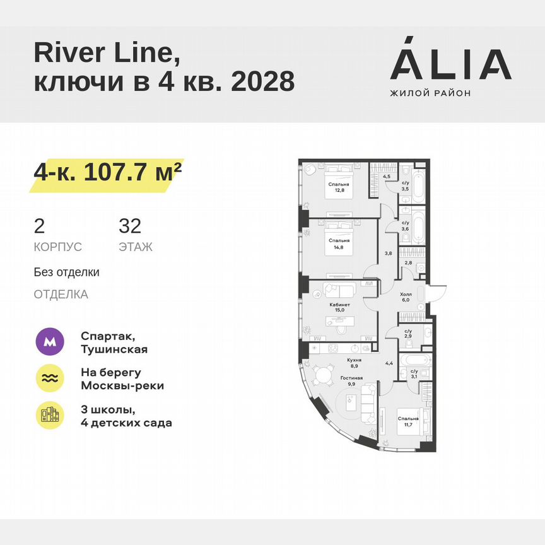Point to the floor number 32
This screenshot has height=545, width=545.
pos(130,225)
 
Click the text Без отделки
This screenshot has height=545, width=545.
pos(67,272)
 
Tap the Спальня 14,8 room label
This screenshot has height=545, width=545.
pos(339,244)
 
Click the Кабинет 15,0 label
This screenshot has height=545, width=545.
pos(339,307)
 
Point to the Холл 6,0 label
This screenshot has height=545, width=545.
pos(406,297)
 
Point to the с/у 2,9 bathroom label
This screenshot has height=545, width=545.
pos(407,334)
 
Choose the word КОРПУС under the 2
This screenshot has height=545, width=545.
pos(58,247)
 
